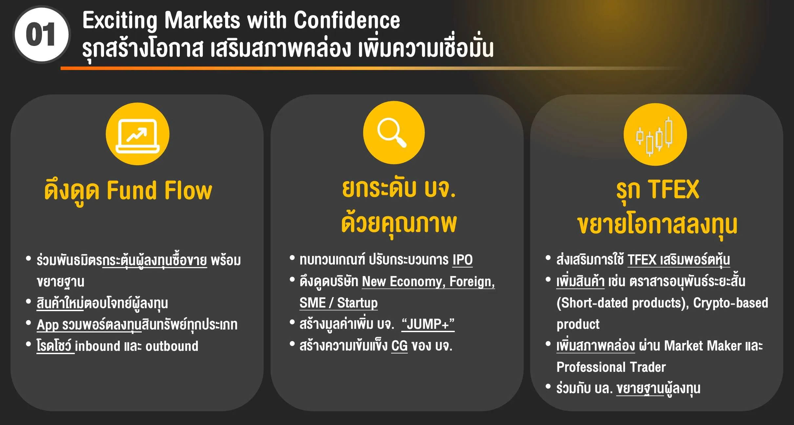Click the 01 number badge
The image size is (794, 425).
41,34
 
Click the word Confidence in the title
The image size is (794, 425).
347,20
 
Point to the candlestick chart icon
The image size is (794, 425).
654,137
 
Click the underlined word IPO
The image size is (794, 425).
463,260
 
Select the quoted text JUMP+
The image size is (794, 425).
428,324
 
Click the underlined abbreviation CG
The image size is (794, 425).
399,346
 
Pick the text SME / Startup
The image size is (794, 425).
339,303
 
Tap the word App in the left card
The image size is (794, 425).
48,325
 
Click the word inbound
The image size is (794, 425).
98,346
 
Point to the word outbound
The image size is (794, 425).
172,346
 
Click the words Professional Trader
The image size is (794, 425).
611,367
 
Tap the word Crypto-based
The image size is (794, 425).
731,303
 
